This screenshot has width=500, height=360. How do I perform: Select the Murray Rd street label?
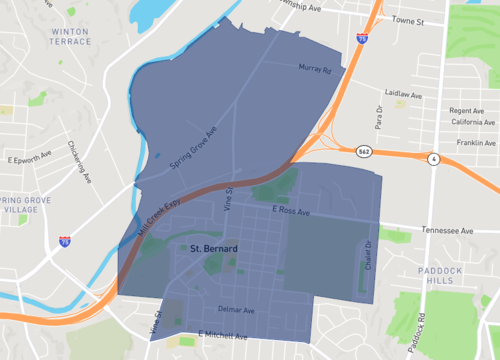(315, 68)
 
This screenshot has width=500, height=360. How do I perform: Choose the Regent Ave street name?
(467, 111)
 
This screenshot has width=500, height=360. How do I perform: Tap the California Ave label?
(472, 122)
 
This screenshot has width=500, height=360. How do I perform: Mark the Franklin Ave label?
(476, 143)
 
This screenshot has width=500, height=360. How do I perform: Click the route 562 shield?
(365, 150)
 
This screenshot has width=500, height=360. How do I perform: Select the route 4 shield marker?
(432, 159)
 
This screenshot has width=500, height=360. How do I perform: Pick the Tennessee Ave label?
(448, 230)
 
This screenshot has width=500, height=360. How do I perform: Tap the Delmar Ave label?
(237, 310)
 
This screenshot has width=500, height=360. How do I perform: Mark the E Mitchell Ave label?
(222, 335)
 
